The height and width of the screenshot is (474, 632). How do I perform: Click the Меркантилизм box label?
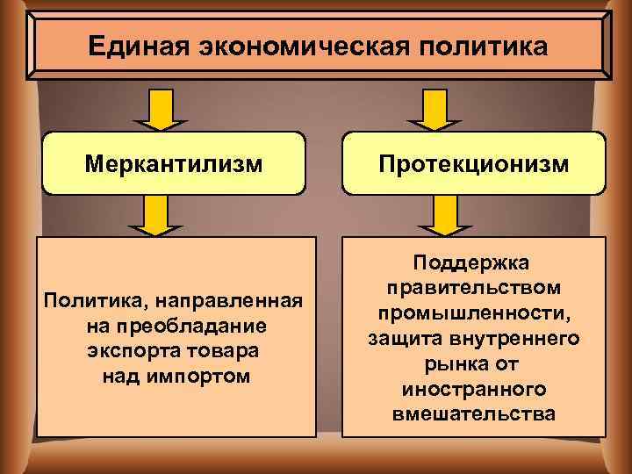174,162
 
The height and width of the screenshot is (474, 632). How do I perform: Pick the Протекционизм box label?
474,163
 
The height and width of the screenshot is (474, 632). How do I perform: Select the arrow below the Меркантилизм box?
154,215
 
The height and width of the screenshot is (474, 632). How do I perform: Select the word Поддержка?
474,263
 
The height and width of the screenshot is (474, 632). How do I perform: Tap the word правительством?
474,288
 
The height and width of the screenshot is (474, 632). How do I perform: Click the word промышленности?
474,312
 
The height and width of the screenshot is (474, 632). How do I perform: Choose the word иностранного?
474,387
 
